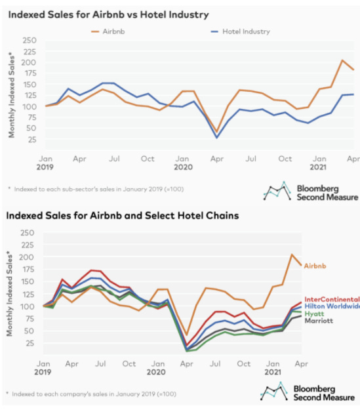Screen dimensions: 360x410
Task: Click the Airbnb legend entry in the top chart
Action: (108, 31)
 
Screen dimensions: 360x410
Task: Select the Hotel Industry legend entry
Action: (240, 31)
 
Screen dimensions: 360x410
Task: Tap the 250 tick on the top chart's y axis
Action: (30, 41)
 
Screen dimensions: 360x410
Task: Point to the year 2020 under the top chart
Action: (183, 167)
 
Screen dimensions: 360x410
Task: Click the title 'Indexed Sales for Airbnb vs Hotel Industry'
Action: (108, 14)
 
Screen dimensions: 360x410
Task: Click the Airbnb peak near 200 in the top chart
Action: (342, 60)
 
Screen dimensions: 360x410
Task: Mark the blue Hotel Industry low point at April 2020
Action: (217, 137)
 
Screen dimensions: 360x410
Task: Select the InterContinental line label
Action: (332, 299)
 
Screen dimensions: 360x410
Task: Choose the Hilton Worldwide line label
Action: (332, 306)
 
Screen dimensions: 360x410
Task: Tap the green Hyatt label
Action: (314, 314)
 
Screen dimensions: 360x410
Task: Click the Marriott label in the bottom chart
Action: (319, 321)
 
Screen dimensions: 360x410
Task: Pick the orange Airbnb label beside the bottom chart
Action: (315, 266)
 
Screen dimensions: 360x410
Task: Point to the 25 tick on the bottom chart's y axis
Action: (30, 343)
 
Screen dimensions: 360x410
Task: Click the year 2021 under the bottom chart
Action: (273, 372)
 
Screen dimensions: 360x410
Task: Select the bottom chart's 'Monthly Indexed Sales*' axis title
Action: (10, 293)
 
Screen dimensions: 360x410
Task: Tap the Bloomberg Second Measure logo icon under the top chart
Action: (277, 191)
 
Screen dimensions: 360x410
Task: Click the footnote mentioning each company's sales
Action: (91, 394)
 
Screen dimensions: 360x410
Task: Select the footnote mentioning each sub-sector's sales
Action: (96, 189)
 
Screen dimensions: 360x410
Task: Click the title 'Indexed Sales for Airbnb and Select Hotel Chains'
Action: (123, 216)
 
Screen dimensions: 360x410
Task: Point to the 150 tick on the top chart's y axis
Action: (30, 85)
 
